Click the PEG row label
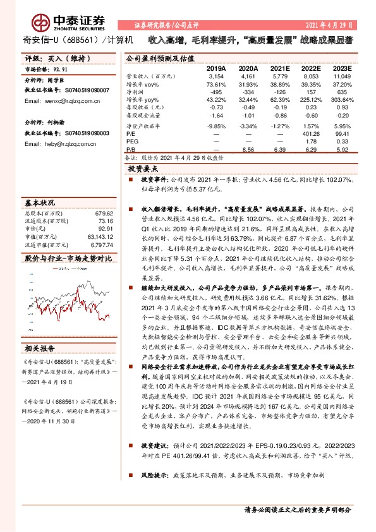click(x=134, y=142)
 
